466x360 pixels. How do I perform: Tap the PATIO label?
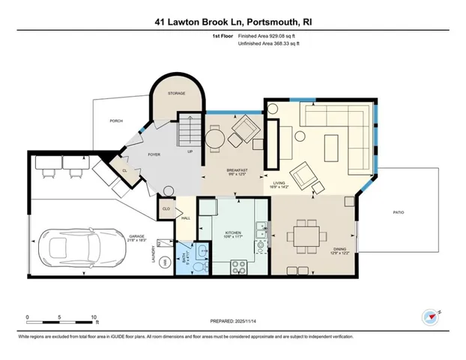(399, 213)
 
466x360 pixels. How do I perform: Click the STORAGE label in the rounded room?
(176, 94)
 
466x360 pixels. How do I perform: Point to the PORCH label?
(116, 120)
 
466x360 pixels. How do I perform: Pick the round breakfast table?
(216, 139)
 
